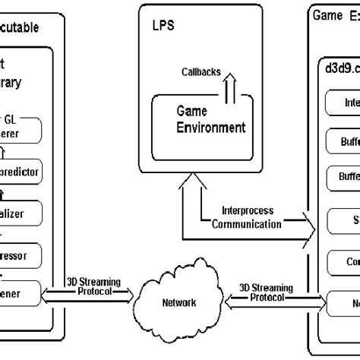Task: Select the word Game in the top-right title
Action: tap(329, 14)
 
